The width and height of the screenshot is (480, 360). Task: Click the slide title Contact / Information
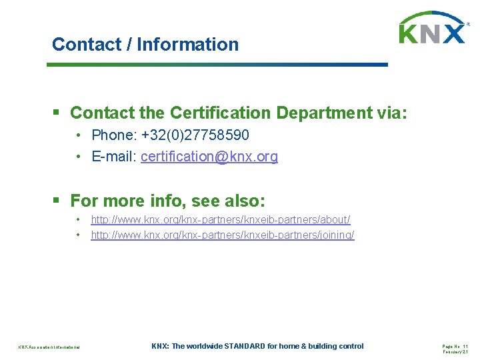(145, 45)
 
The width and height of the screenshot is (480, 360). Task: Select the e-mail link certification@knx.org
(209, 157)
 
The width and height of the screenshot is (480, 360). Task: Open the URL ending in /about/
(221, 219)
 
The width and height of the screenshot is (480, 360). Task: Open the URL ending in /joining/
(223, 235)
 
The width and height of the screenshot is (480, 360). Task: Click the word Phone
(112, 135)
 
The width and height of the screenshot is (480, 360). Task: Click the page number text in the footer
(455, 346)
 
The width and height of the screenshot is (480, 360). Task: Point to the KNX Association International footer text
(49, 347)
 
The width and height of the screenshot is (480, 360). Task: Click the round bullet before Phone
(78, 136)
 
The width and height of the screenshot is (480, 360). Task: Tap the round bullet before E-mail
(78, 157)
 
